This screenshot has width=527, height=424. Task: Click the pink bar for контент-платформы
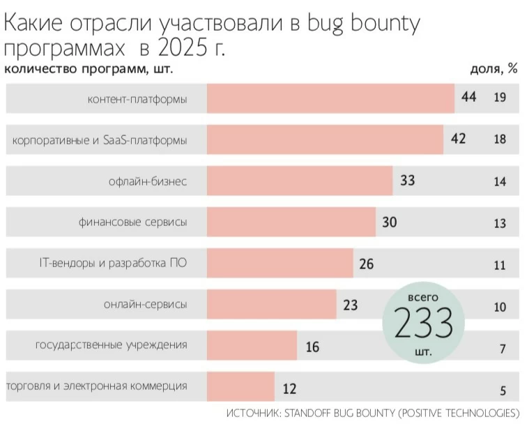click(330, 98)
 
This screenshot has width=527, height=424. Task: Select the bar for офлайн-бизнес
click(300, 181)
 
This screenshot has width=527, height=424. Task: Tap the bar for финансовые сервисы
click(291, 222)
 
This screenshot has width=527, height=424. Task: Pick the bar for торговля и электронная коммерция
click(240, 386)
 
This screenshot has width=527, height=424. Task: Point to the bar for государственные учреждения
click(252, 346)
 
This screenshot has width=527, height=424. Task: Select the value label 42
click(458, 139)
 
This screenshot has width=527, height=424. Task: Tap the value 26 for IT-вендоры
click(367, 264)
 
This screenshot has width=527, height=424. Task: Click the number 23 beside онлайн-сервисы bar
click(350, 305)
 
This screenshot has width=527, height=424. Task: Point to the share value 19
click(499, 98)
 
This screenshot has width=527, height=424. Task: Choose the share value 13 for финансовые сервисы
click(499, 223)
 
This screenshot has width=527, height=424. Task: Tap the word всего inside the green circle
click(423, 297)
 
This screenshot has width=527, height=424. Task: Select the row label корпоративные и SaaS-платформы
click(100, 140)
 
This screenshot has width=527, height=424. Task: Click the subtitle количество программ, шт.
click(89, 68)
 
